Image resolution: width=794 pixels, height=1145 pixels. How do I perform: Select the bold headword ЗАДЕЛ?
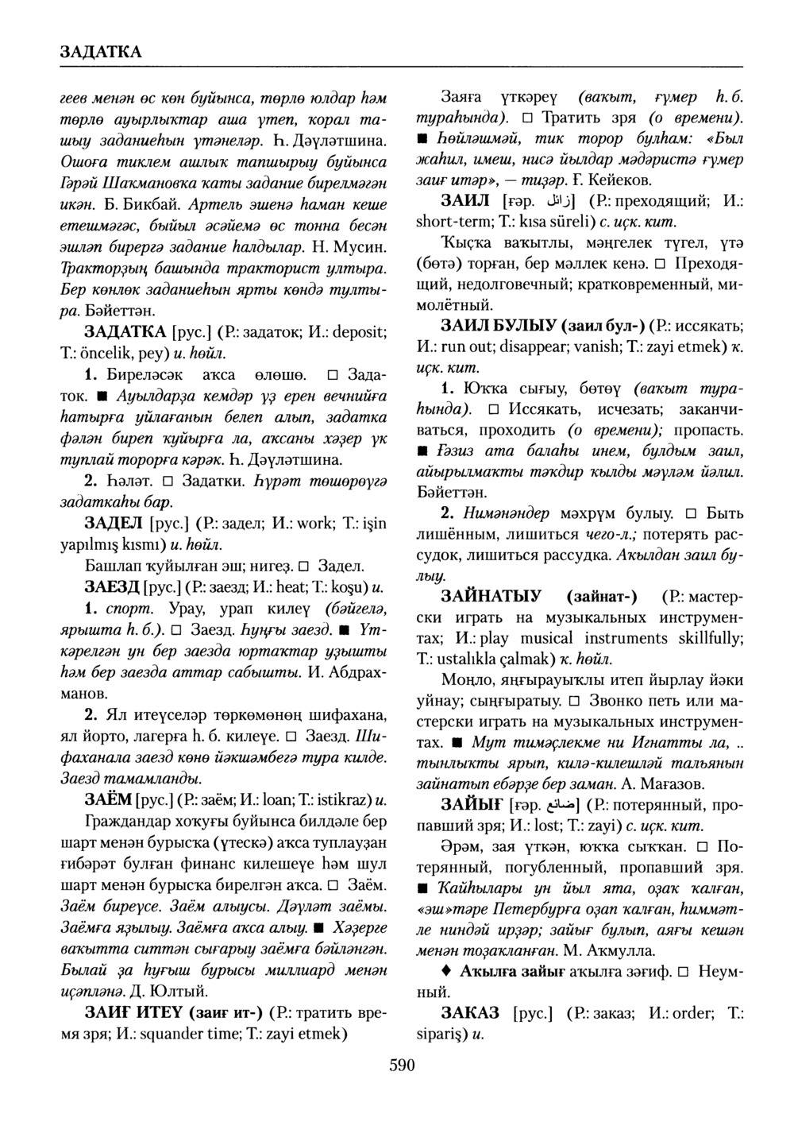tap(114, 523)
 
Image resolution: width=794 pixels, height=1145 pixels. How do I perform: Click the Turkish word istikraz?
tap(336, 798)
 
